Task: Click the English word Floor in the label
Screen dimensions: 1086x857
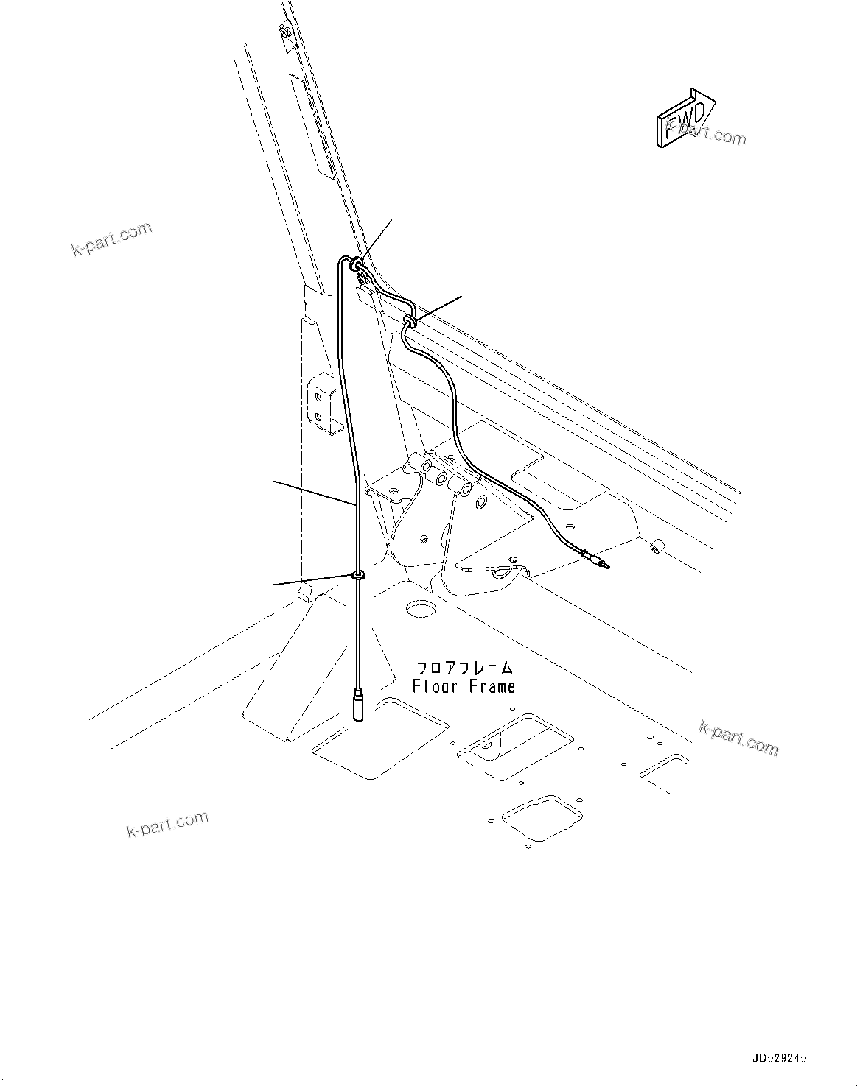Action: click(435, 687)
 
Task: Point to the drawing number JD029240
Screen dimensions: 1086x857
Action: click(780, 1058)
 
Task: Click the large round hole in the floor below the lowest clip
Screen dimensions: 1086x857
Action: click(421, 610)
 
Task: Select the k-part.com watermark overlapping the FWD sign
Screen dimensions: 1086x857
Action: click(706, 135)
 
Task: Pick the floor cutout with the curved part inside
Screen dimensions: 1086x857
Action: click(514, 747)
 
